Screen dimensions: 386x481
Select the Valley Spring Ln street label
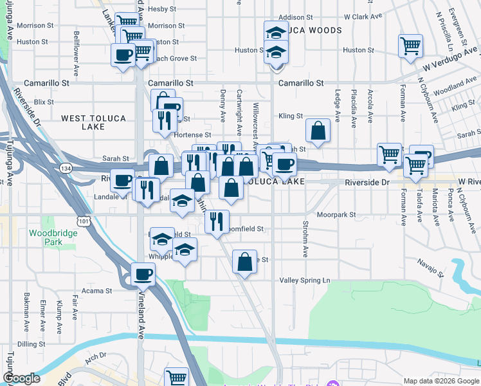[x=304, y=280]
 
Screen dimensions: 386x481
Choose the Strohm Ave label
[x=305, y=240]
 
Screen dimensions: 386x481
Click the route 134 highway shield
[x=83, y=167]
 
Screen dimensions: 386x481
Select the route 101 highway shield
[x=83, y=221]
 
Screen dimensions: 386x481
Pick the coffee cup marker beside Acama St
[x=143, y=275]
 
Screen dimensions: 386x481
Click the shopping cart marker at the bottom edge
[x=176, y=378]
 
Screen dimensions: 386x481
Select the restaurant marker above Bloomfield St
[x=217, y=221]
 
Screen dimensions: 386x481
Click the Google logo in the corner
[x=21, y=378]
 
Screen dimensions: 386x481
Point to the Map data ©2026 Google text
[x=440, y=381]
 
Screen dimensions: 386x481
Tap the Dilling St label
[x=32, y=344]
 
